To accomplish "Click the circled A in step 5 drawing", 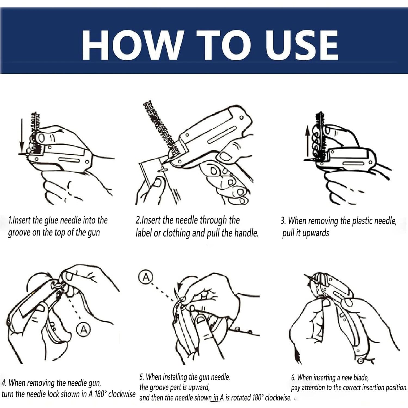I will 146,277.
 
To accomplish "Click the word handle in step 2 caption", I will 246,233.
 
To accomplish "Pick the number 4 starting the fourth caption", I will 4,383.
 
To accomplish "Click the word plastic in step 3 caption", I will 363,221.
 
